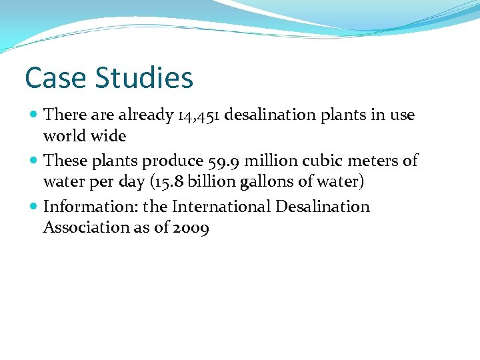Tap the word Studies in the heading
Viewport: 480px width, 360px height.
[x=143, y=78]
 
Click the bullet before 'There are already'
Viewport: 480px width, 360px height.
[x=34, y=115]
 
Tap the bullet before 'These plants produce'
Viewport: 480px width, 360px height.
[x=34, y=161]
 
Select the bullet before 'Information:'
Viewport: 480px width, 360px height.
[x=34, y=207]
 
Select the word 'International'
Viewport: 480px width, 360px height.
[x=221, y=207]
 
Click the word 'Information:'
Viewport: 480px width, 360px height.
[x=86, y=207]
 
